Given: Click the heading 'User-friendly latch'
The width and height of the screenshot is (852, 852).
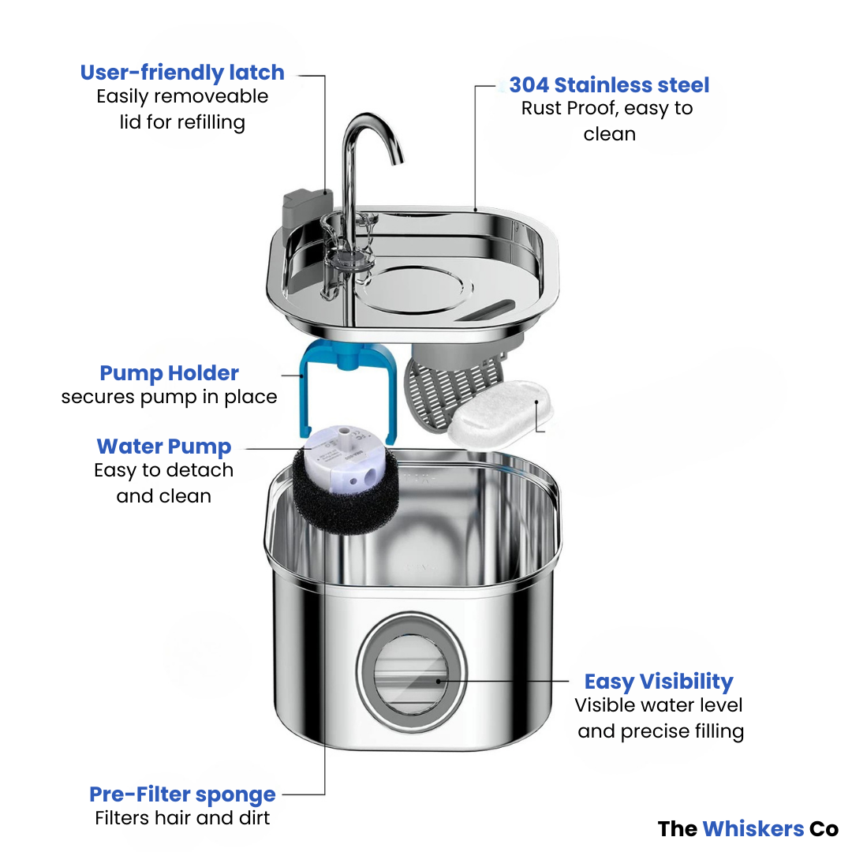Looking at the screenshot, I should pos(182,73).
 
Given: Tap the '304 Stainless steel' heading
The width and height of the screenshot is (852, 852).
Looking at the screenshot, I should pos(609,85).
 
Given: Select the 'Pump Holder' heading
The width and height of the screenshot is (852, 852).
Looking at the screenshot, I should pos(169,373).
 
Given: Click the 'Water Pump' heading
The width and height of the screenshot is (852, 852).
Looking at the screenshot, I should pos(164,447).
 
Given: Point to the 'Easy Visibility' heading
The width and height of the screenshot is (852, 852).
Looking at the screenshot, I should pos(659,682).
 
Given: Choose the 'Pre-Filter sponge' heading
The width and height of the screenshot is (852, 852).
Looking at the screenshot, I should pos(182,794).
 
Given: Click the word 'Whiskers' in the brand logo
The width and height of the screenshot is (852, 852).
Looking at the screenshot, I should pos(753,829).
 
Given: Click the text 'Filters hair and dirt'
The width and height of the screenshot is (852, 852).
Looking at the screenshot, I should pos(182,818).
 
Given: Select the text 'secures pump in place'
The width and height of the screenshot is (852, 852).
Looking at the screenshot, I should pos(169,397).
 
